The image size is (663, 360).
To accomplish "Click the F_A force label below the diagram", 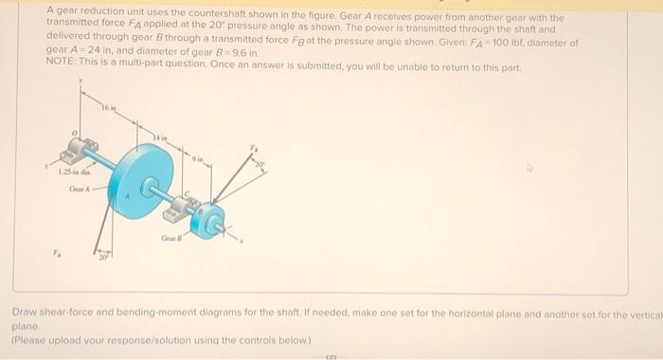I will click(x=54, y=255).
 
